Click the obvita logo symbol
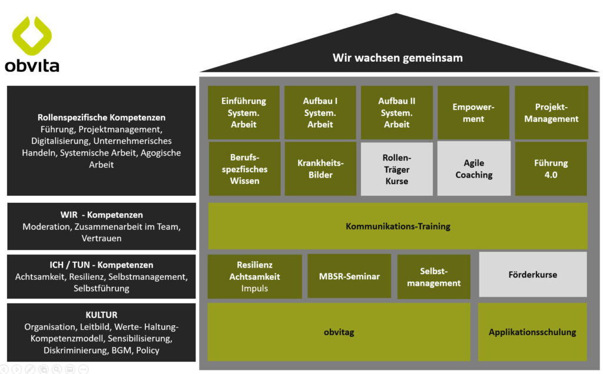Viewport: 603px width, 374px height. (x=32, y=34)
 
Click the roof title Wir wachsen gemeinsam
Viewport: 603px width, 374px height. (x=397, y=58)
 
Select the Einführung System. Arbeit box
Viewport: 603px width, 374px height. (x=244, y=113)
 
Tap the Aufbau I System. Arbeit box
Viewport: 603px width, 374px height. (x=320, y=113)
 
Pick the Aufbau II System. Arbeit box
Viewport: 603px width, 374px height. (x=397, y=113)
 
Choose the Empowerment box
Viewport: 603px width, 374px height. (x=473, y=113)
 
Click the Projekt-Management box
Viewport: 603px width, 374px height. (x=551, y=113)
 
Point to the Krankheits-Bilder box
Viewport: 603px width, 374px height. (x=320, y=169)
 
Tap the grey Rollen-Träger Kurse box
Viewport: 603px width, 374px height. (x=397, y=169)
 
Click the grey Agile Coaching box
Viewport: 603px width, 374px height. (x=473, y=169)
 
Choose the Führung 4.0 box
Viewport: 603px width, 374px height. (x=551, y=169)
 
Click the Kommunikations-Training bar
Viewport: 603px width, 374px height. (x=397, y=226)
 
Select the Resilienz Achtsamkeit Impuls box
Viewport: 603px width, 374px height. (x=254, y=276)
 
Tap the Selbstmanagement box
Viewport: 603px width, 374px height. (x=433, y=276)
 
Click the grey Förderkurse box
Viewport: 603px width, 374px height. (x=532, y=275)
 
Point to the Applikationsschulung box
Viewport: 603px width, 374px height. (x=532, y=332)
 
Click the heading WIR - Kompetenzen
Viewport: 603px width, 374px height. (x=101, y=215)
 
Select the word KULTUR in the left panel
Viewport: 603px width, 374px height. (x=101, y=315)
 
